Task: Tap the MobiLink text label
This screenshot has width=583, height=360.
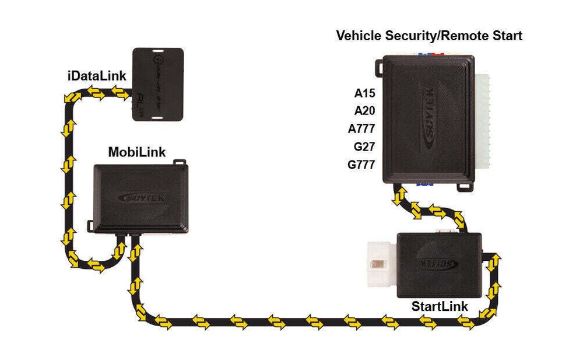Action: [137, 152]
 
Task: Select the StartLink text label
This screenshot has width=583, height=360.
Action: [440, 306]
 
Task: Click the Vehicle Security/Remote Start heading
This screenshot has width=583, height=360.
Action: [429, 36]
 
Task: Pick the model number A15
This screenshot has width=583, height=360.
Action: [364, 93]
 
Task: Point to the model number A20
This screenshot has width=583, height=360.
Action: [364, 111]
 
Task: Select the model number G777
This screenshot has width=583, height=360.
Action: [361, 165]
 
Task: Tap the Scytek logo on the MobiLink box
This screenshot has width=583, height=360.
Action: [141, 198]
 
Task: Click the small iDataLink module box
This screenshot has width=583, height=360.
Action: [158, 84]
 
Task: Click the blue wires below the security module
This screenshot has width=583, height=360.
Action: [425, 184]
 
